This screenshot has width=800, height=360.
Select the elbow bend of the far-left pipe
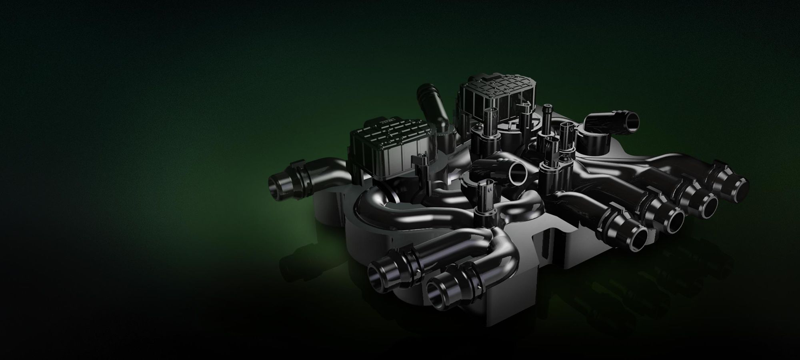[x=328, y=166]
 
